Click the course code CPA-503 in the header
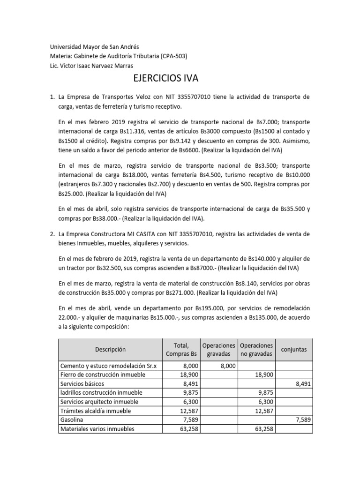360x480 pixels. click(x=172, y=56)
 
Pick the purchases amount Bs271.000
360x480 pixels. click(x=179, y=293)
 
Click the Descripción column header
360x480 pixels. click(x=110, y=349)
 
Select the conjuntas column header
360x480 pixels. click(x=293, y=349)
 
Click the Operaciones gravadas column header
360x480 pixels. click(x=218, y=349)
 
